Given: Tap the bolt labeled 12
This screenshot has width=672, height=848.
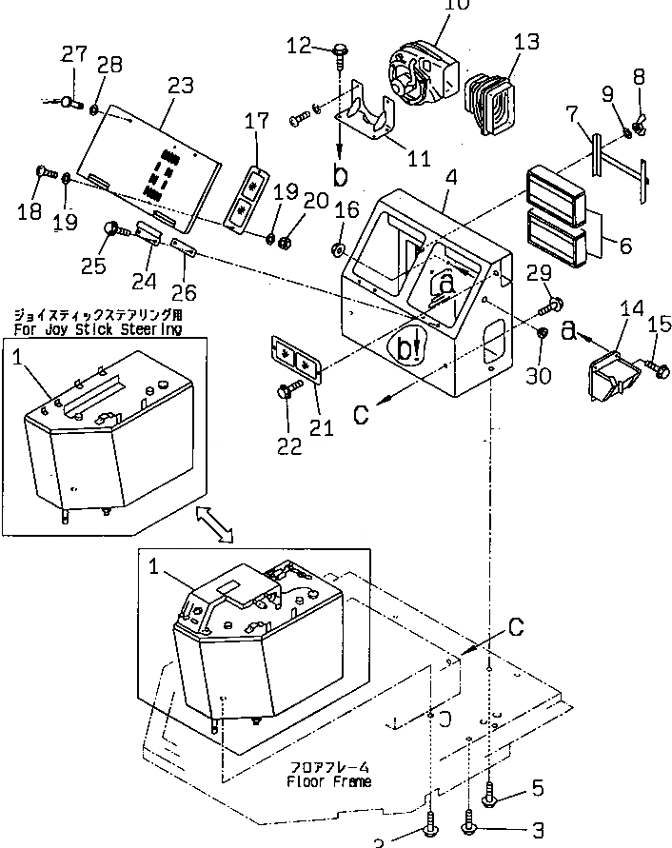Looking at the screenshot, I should pyautogui.click(x=341, y=51).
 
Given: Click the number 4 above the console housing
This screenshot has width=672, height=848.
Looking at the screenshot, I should pyautogui.click(x=450, y=179).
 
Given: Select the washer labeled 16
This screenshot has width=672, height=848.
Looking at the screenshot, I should pyautogui.click(x=339, y=249).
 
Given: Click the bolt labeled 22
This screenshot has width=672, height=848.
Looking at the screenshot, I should pyautogui.click(x=287, y=388).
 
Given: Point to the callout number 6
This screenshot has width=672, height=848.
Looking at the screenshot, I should pyautogui.click(x=623, y=246).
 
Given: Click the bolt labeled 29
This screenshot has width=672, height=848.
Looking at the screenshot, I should pyautogui.click(x=551, y=306).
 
